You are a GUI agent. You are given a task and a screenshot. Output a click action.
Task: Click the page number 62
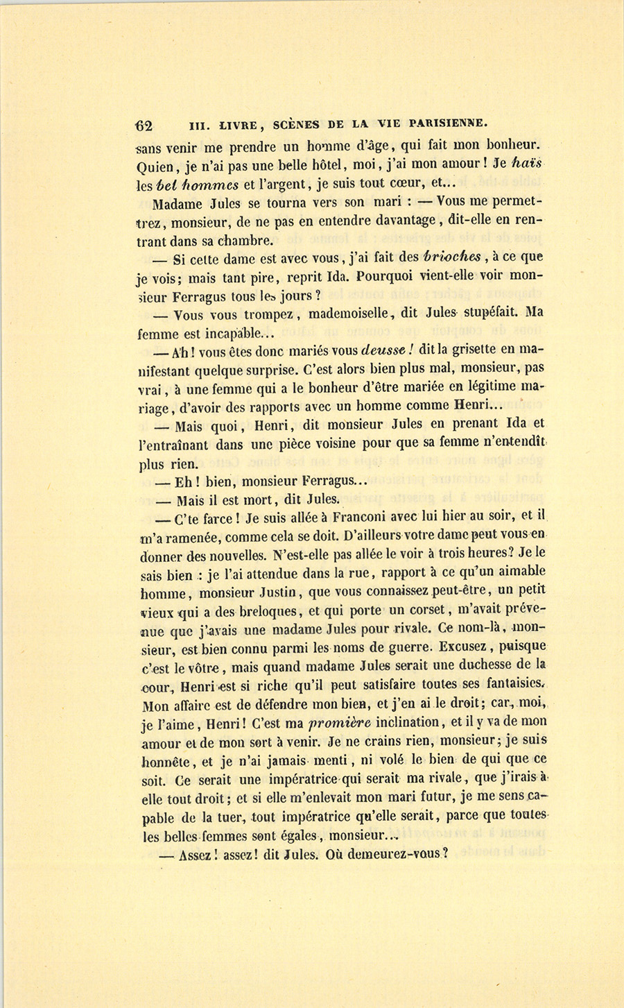144,126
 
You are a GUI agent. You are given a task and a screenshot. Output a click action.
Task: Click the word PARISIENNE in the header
449,124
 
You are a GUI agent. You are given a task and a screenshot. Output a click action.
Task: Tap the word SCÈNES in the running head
296,125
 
